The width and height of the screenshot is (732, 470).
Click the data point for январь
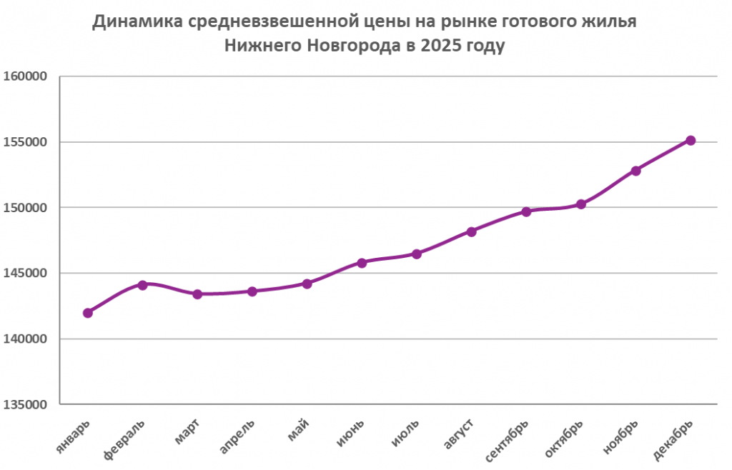pyautogui.click(x=88, y=312)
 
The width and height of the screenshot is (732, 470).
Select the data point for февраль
pyautogui.click(x=142, y=285)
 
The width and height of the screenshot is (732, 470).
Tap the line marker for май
pyautogui.click(x=307, y=284)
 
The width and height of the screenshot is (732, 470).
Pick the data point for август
pyautogui.click(x=471, y=231)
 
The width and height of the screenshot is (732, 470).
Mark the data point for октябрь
pyautogui.click(x=581, y=204)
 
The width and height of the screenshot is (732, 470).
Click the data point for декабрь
pyautogui.click(x=691, y=140)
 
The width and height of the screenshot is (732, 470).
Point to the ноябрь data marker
pyautogui.click(x=635, y=171)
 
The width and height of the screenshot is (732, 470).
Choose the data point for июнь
pyautogui.click(x=362, y=263)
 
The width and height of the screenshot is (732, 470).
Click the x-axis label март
pyautogui.click(x=187, y=432)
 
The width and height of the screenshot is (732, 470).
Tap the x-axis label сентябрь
pyautogui.click(x=508, y=439)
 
